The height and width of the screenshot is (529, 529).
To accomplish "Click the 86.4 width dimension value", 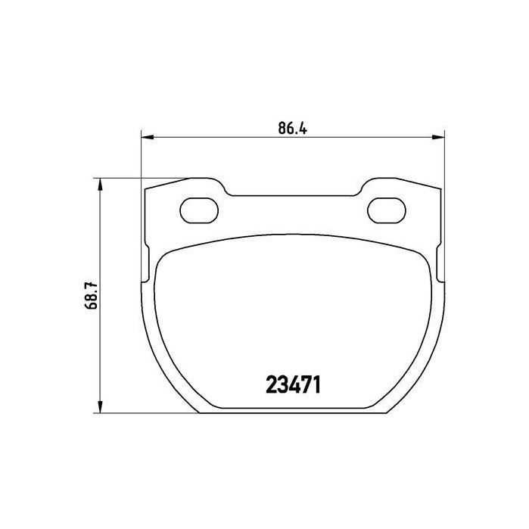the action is [293, 128].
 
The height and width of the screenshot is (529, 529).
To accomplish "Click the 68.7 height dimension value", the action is [91, 295].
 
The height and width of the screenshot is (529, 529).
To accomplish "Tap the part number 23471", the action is [293, 385].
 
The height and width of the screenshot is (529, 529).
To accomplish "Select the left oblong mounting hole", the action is [199, 210].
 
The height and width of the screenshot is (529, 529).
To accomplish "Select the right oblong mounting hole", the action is [386, 210].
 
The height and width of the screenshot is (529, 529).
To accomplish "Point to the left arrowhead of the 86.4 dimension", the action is [147, 137].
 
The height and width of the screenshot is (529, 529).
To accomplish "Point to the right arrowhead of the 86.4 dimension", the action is [438, 137].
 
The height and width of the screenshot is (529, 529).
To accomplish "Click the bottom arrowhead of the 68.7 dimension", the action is [100, 406].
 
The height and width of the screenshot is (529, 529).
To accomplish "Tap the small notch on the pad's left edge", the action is [147, 264].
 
